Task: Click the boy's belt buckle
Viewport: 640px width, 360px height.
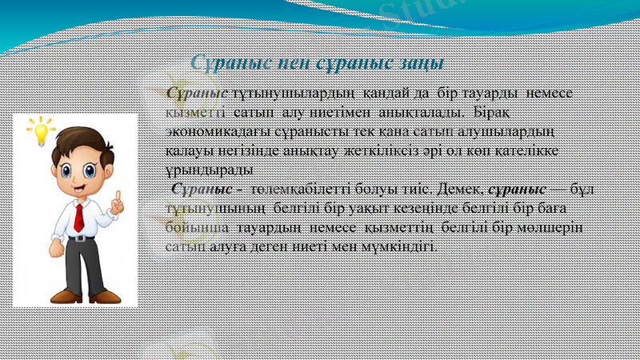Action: [81, 238]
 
